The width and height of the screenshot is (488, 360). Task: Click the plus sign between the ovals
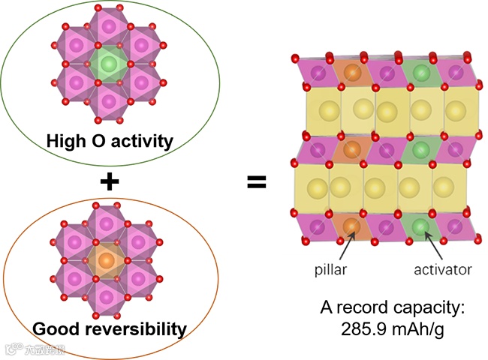[x=110, y=181]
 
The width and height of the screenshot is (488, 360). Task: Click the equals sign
[x=257, y=181]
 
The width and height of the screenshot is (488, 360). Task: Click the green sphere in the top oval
[x=109, y=64]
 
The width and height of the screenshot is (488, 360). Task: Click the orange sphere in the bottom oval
[x=107, y=260]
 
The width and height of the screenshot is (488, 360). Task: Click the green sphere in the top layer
[x=420, y=74]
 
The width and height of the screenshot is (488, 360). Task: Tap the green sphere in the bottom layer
[x=420, y=226]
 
